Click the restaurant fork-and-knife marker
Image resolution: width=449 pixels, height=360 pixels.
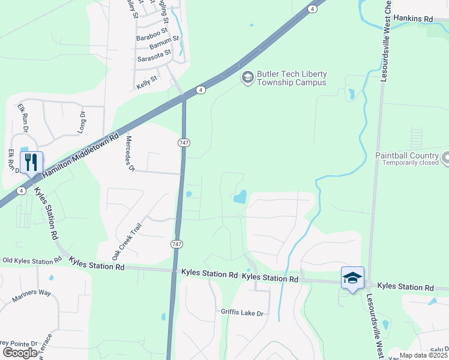[x=31, y=162]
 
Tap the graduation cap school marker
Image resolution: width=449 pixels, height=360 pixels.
[x=352, y=278]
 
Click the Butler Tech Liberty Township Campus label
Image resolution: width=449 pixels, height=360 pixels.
[x=292, y=78]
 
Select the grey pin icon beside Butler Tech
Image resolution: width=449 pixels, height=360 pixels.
[x=247, y=77]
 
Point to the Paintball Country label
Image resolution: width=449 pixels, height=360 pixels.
[x=407, y=155]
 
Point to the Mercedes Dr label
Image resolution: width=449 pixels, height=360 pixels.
[x=129, y=154]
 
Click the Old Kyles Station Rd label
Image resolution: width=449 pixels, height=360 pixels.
[x=32, y=260]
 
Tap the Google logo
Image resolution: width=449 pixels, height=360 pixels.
[x=20, y=353]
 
